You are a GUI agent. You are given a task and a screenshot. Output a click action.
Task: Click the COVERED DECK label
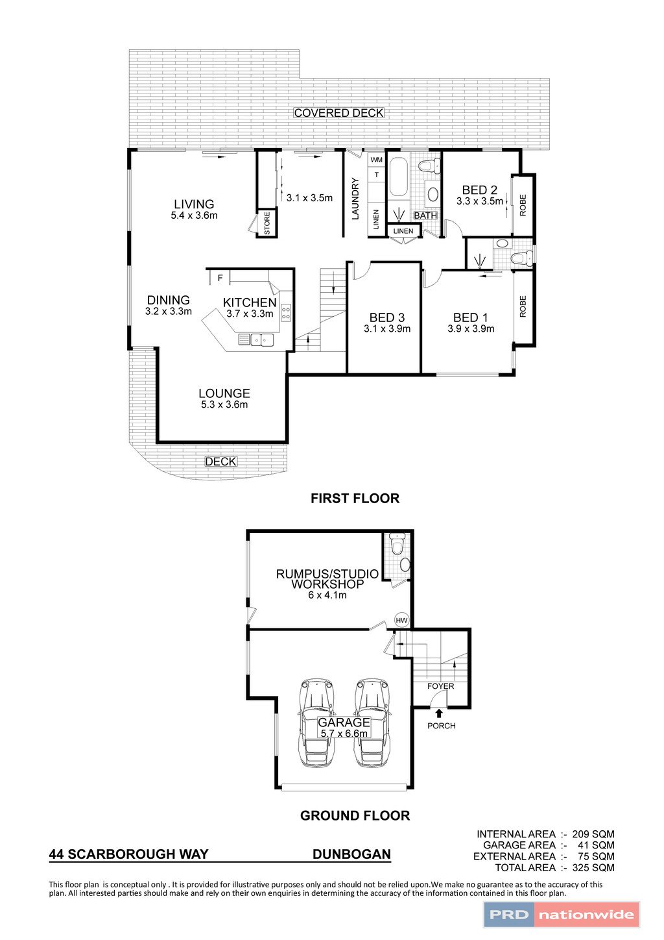coord(338,113)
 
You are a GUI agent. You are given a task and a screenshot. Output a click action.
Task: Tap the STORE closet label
coord(267,223)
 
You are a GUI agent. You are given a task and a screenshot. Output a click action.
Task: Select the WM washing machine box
coord(377,160)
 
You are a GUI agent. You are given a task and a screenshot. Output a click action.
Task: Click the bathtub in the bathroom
coord(398,177)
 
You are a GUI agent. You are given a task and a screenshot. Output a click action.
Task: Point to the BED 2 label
coord(480,190)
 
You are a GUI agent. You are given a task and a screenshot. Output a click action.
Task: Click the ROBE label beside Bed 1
coord(523,306)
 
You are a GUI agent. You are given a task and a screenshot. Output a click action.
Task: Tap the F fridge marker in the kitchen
coord(220,278)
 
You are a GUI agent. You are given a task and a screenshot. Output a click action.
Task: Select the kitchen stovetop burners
coord(286,313)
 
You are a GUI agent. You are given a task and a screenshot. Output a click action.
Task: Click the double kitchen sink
coord(261,340)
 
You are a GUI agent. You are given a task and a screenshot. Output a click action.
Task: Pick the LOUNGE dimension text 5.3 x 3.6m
coord(224,404)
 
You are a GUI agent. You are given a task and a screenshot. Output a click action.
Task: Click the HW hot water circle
coord(401,620)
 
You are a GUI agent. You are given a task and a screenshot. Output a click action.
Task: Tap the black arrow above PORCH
coord(439,713)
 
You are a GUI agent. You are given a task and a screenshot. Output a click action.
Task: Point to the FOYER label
coord(440,686)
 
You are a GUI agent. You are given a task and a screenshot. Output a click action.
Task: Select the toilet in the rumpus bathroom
coord(396,544)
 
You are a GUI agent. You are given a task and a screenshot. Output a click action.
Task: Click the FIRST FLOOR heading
coord(355,498)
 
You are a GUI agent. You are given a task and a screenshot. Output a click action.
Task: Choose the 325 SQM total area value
coord(593,867)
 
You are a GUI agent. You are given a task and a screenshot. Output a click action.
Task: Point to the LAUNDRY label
coord(355,199)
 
